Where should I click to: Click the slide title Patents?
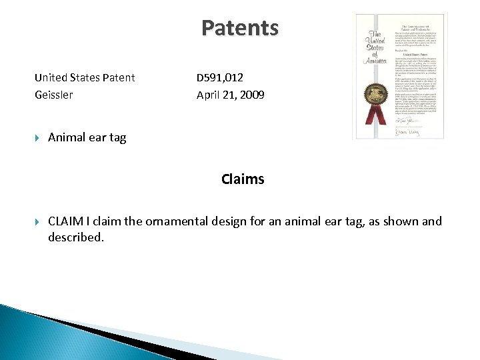click(x=240, y=28)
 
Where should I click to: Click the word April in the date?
click(x=209, y=95)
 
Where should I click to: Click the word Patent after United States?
click(x=119, y=77)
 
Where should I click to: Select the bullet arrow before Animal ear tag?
click(x=38, y=137)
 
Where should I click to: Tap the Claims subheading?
click(x=243, y=179)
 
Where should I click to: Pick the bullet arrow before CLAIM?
click(x=38, y=221)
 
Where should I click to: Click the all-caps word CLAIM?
click(x=66, y=221)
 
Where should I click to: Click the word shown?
click(x=400, y=221)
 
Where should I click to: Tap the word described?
click(x=75, y=237)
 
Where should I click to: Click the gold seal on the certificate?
click(x=370, y=94)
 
